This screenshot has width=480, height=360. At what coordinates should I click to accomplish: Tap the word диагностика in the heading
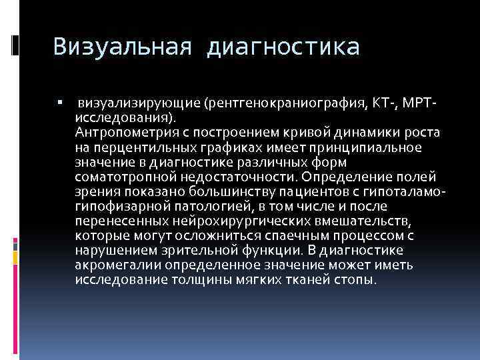(285, 47)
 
